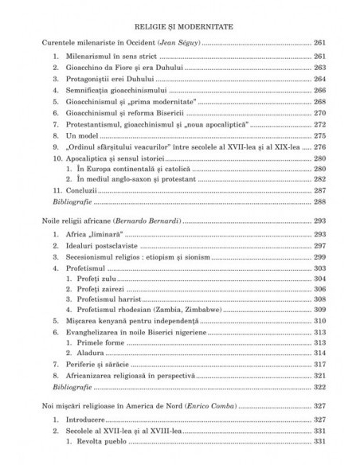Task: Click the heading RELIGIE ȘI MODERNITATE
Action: [x=179, y=25]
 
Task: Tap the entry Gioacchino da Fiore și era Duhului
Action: [x=119, y=79]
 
